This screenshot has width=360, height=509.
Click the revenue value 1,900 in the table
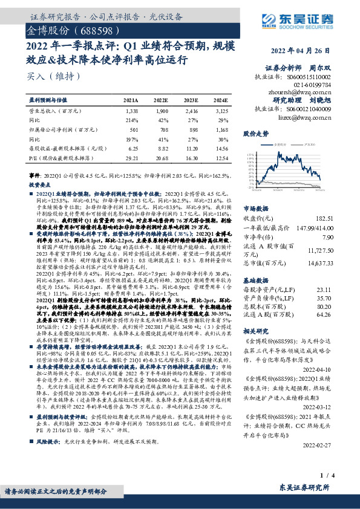click(162, 112)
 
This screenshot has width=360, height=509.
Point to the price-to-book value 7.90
click(344, 237)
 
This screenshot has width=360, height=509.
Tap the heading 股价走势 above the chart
click(254, 132)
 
